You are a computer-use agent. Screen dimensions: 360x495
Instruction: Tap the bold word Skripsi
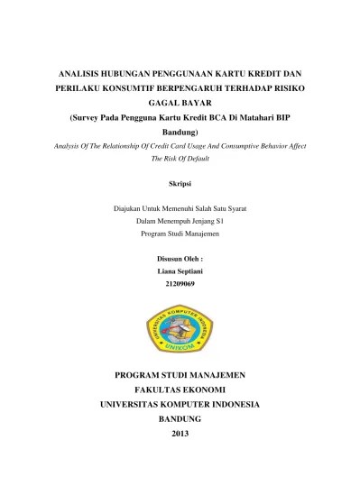pos(180,183)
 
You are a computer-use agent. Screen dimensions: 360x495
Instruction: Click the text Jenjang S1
pos(203,221)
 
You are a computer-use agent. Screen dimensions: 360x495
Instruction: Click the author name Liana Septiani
pos(180,271)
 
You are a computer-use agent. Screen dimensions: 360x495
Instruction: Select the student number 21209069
pos(180,284)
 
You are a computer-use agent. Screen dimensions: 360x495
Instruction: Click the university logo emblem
pos(180,325)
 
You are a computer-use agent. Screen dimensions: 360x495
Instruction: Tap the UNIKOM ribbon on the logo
pos(180,347)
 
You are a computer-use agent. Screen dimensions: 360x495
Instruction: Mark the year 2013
pos(180,435)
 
